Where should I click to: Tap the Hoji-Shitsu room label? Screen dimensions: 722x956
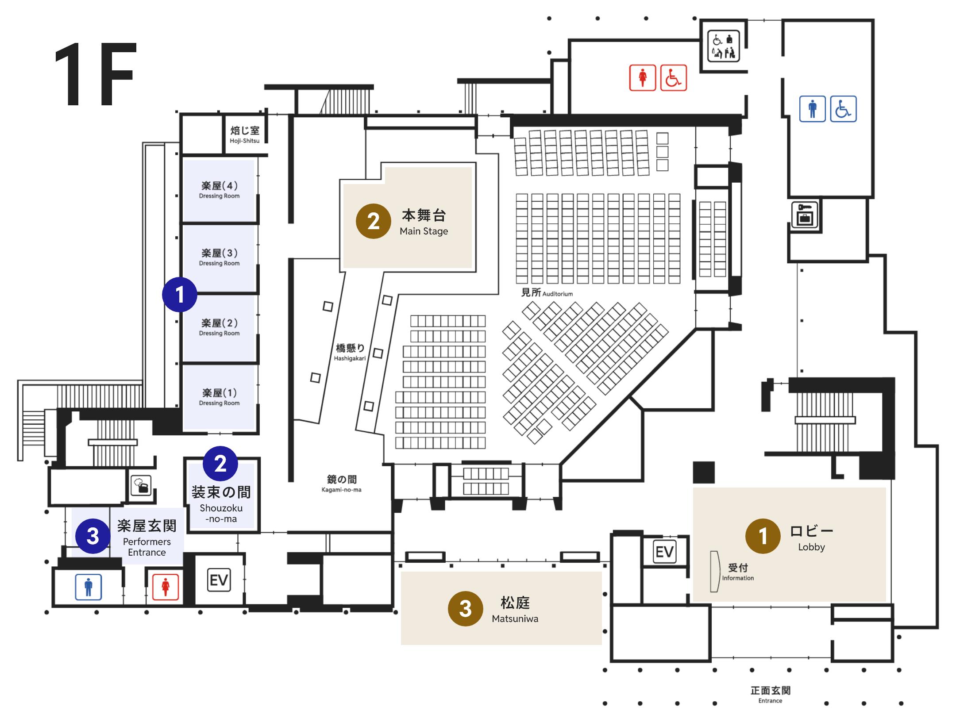coord(244,134)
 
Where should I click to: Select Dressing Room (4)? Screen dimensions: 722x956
coord(219,190)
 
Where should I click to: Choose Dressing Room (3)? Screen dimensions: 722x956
coord(219,257)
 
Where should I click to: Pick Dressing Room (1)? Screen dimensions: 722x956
coord(219,397)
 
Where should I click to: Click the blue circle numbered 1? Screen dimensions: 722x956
coord(179,295)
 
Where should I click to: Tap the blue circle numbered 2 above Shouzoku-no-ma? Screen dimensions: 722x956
coord(220,464)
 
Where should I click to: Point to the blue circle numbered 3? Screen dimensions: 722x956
coord(93,536)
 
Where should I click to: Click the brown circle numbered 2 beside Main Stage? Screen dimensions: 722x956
coord(373,221)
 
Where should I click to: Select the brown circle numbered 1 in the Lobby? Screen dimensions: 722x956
coord(763,536)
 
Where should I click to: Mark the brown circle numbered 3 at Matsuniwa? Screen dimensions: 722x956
coord(465,609)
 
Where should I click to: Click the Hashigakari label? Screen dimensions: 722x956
coord(350,352)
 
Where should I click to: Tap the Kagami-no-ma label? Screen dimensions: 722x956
coord(342,483)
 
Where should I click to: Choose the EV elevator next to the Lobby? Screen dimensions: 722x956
coord(664,552)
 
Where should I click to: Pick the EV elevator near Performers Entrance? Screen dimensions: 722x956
coord(219,580)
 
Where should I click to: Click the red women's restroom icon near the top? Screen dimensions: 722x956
coord(642,78)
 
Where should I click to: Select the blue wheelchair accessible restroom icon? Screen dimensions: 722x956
coord(843,109)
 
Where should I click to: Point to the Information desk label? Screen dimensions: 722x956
coord(738,571)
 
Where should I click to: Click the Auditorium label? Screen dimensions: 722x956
coord(547,293)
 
